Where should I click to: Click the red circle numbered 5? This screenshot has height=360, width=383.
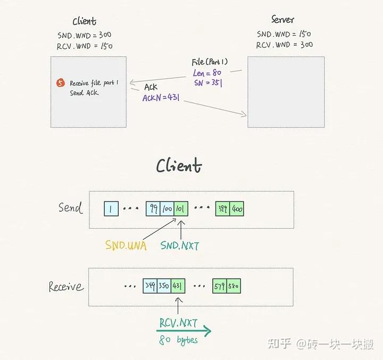(x=61, y=83)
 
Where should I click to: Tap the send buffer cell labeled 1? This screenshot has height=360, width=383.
(x=111, y=208)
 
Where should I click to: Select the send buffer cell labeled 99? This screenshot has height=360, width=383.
(x=153, y=208)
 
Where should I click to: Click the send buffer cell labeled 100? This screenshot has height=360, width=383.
(x=166, y=208)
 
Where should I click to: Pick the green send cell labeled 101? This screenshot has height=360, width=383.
(x=179, y=208)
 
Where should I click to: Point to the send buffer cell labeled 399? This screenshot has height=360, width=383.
(x=222, y=208)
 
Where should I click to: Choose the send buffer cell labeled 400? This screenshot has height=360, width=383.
(x=237, y=208)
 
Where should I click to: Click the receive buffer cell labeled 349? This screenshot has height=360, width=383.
(x=150, y=286)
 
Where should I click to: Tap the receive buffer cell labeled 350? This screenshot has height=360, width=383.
(x=163, y=286)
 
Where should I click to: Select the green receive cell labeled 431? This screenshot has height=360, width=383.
(x=177, y=286)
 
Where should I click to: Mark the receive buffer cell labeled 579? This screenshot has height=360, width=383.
(x=219, y=286)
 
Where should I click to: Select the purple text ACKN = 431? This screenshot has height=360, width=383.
(x=160, y=98)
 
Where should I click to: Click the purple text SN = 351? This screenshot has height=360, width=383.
(x=207, y=82)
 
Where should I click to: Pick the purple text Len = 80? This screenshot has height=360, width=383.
(x=207, y=73)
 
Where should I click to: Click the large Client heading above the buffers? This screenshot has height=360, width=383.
(x=179, y=166)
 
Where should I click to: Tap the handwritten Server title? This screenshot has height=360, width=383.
(x=282, y=20)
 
